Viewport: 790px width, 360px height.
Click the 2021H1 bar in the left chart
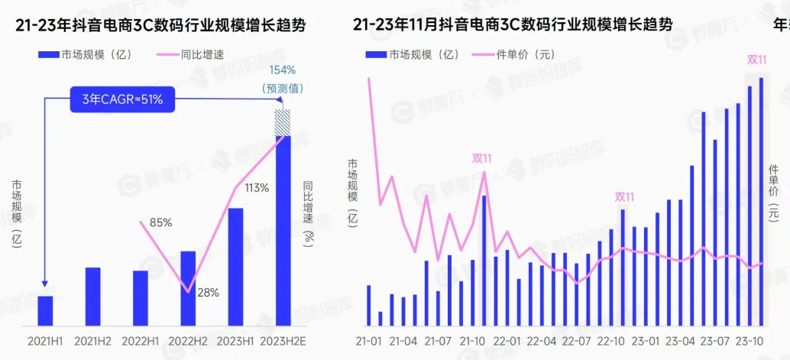46,311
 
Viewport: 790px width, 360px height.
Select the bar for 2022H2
188,288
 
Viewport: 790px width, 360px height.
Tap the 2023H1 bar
235,267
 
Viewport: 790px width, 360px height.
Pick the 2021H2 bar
92,297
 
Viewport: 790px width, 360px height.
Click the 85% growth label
160,222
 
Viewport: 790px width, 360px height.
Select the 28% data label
208,292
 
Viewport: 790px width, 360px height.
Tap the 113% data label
256,188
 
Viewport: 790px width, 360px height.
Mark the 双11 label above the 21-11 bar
482,159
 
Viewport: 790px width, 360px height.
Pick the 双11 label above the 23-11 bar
757,59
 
